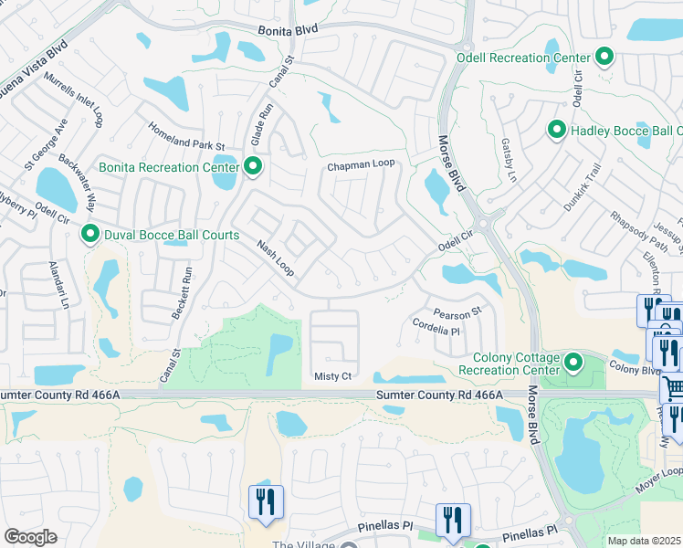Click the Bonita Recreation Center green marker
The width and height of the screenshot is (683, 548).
point(253,166)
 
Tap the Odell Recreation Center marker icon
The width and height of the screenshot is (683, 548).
point(604,58)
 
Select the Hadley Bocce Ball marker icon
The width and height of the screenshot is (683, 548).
point(556,131)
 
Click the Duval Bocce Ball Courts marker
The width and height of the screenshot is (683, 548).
point(90,235)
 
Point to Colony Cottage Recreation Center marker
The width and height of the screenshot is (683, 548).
point(573,363)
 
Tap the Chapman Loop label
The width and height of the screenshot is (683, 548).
point(361,164)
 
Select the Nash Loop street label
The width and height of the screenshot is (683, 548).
point(275,258)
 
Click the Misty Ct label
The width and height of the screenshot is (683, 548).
point(332,376)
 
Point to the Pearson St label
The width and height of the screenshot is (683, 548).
point(457,313)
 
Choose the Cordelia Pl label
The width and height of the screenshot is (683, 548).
point(435,327)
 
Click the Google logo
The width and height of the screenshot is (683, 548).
point(30,537)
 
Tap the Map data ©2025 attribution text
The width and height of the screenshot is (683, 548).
point(645,541)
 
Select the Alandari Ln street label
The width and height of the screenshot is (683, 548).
point(58,283)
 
